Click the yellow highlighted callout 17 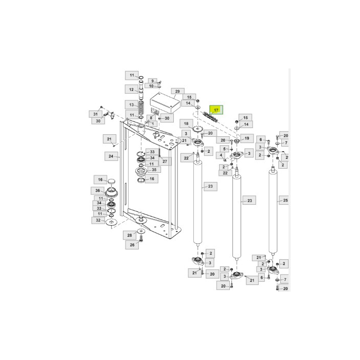click(x=217, y=110)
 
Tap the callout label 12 click(x=131, y=89)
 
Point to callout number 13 click(x=131, y=104)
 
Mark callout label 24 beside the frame click(x=111, y=156)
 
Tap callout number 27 click(x=165, y=161)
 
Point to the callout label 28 click(x=130, y=235)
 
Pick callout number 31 click(x=95, y=114)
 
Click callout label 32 click(x=98, y=220)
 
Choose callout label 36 click(x=98, y=190)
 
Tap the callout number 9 click(x=152, y=81)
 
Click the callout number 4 click(x=221, y=155)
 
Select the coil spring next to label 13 click(x=142, y=107)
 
